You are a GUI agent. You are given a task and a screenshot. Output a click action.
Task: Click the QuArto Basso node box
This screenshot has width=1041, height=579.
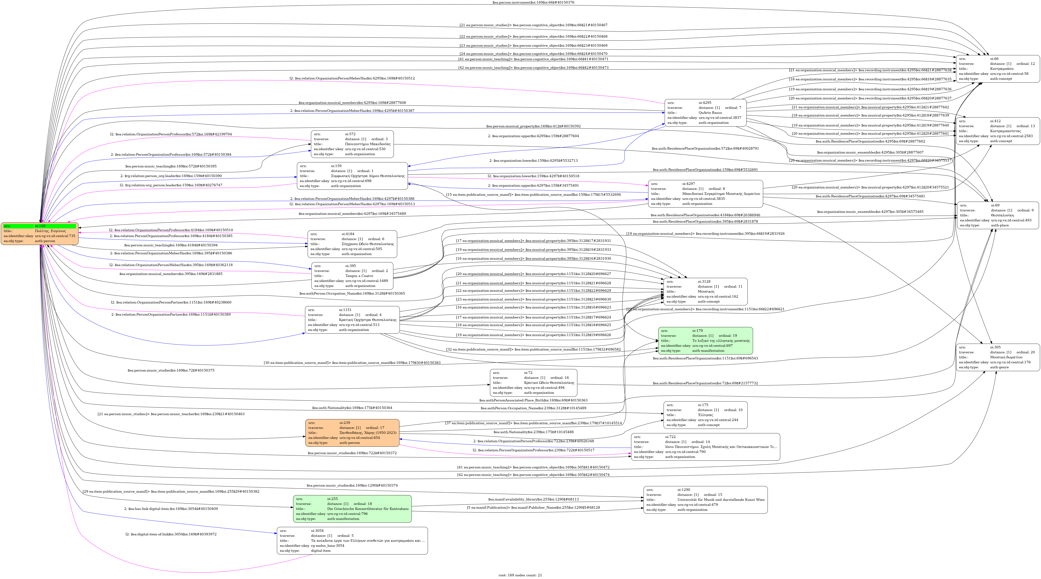705,113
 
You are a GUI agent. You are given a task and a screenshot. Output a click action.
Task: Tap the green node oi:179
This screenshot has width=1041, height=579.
705,341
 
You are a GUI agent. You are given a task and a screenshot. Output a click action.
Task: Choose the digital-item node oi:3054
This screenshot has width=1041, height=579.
352,541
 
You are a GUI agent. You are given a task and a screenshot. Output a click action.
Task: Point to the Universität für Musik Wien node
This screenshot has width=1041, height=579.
705,500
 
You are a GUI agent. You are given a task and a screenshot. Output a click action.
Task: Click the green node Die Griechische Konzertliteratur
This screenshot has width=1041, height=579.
352,509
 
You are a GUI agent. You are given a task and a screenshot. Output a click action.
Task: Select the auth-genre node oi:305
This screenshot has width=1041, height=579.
997,357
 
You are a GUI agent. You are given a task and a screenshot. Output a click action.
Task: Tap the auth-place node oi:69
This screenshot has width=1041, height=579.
997,215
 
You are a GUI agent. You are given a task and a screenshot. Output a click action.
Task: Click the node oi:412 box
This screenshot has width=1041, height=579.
997,131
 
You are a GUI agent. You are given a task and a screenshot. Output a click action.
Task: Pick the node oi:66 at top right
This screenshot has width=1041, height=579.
997,69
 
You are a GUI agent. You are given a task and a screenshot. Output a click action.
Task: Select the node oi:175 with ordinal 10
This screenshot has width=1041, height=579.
705,415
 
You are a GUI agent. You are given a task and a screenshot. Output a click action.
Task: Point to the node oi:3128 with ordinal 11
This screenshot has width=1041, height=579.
705,291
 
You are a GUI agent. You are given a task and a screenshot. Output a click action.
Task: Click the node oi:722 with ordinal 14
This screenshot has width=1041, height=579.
705,447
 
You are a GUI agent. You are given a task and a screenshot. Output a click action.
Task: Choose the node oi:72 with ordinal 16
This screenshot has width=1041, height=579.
533,383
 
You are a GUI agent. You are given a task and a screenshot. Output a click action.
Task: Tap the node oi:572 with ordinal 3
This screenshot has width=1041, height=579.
352,144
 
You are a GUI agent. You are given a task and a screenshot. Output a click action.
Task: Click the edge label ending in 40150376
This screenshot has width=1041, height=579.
533,2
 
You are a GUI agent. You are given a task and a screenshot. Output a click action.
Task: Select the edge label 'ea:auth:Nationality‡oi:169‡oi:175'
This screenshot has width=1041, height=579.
352,408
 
